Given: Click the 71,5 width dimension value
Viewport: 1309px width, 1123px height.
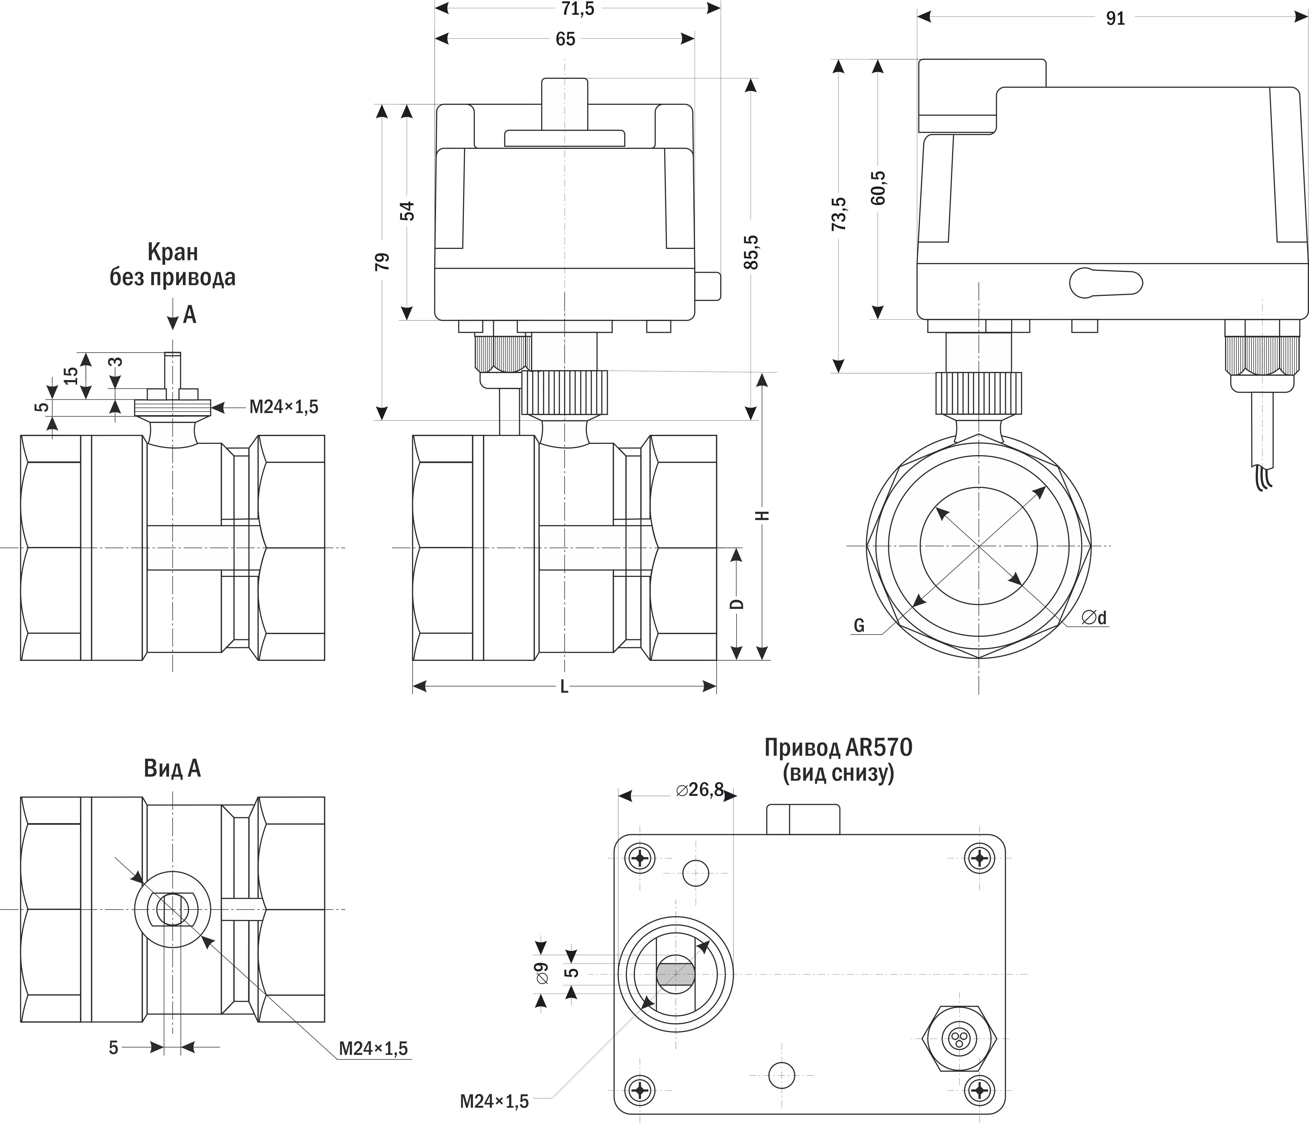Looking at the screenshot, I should click(x=578, y=9).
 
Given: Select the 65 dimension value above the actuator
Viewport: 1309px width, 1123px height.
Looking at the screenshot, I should click(x=565, y=39).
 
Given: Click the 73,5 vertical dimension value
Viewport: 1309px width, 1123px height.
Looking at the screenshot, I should click(x=839, y=213).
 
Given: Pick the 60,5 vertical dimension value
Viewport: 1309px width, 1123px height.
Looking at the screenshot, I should click(x=878, y=188).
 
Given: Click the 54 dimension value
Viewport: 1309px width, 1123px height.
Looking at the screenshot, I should click(x=408, y=211).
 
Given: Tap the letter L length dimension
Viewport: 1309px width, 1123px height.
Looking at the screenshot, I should click(x=564, y=687).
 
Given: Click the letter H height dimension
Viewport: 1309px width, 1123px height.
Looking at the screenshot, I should click(x=763, y=515).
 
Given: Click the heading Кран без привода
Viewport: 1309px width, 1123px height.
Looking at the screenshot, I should click(x=172, y=264).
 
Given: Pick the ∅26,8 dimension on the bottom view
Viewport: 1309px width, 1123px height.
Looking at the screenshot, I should click(x=699, y=790).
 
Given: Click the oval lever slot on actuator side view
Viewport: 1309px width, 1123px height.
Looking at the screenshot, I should click(x=1105, y=283).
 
